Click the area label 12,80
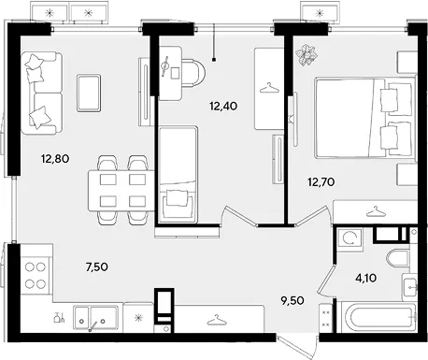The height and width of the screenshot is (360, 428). pos(55,159)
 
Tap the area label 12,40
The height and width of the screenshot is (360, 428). pos(223,107)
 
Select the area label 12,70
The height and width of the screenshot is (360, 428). pos(321,181)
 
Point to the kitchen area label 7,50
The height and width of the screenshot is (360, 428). pos(97,266)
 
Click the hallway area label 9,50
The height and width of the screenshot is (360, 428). pos(292,301)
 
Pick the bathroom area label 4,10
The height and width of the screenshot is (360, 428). pos(366,278)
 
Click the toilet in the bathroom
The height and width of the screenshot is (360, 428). pos(398,258)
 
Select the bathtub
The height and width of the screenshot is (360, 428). pos(378,317)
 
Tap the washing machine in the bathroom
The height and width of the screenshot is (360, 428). pos(350,239)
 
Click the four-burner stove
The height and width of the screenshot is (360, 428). pos(36,276)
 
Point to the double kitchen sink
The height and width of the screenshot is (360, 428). pos(95,318)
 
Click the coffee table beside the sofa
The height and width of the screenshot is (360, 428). pos(89,93)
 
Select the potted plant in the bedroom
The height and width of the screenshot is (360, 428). pos(307,55)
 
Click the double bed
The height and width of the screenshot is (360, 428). pos(365,118)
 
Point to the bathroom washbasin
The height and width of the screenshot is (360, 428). pos(409,288)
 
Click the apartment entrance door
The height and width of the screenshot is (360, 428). pos(297,347)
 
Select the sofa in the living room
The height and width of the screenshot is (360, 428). pos(41,94)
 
